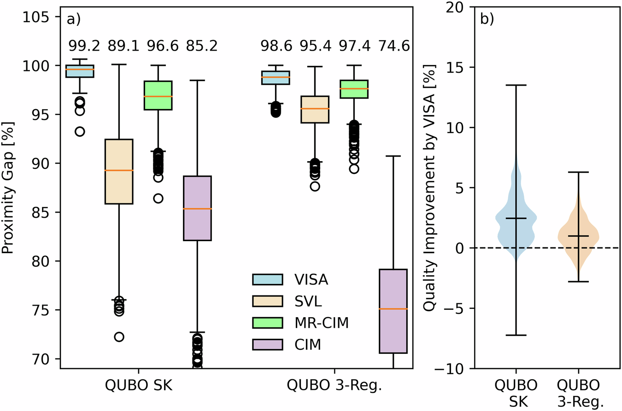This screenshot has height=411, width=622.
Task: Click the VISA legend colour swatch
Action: click(266, 279)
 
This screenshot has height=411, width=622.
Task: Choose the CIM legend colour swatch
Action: click(266, 344)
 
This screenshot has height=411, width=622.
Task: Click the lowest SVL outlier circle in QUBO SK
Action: click(119, 337)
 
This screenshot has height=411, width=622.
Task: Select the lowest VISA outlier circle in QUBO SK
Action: click(80, 132)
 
